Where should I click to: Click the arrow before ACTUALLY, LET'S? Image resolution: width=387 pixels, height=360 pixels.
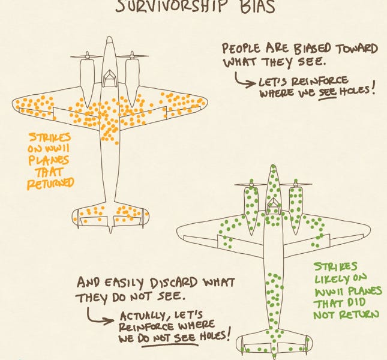tap(101, 317)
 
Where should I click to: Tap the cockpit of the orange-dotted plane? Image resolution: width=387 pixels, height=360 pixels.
tap(109, 77)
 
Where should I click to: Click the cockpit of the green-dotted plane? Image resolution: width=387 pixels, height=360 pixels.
tap(273, 206)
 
